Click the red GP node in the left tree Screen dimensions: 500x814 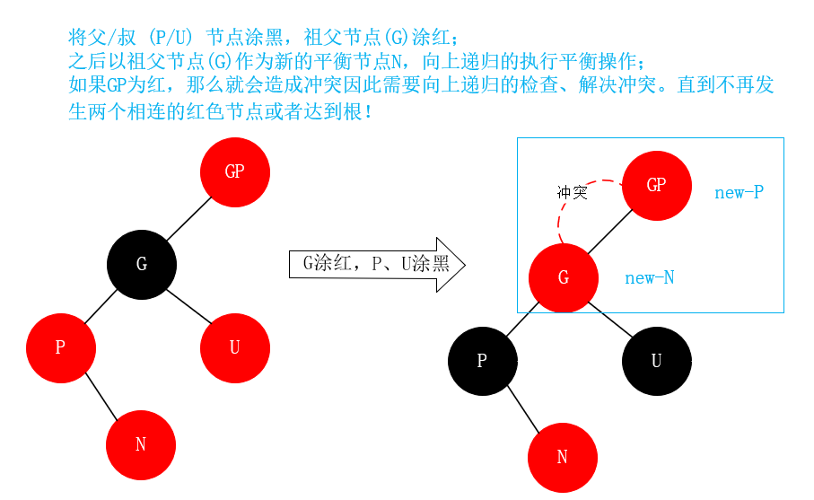(x=235, y=171)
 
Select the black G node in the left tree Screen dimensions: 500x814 (x=142, y=264)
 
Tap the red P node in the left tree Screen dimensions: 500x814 (x=60, y=347)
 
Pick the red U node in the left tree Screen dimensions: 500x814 (x=235, y=347)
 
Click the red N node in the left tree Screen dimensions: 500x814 (x=141, y=444)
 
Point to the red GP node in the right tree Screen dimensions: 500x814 (x=656, y=185)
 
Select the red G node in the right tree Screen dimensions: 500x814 (x=564, y=277)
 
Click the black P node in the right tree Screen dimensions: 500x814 (x=482, y=361)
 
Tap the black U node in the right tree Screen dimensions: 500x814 (x=657, y=361)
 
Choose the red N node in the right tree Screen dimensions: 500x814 (x=563, y=457)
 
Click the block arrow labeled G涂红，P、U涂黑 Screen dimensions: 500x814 (x=377, y=264)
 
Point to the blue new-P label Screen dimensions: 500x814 (x=739, y=192)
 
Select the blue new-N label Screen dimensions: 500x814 (x=649, y=278)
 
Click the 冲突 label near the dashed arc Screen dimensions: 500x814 (x=572, y=192)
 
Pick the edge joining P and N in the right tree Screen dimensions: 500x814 (x=523, y=410)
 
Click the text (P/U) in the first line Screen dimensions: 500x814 (x=171, y=39)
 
